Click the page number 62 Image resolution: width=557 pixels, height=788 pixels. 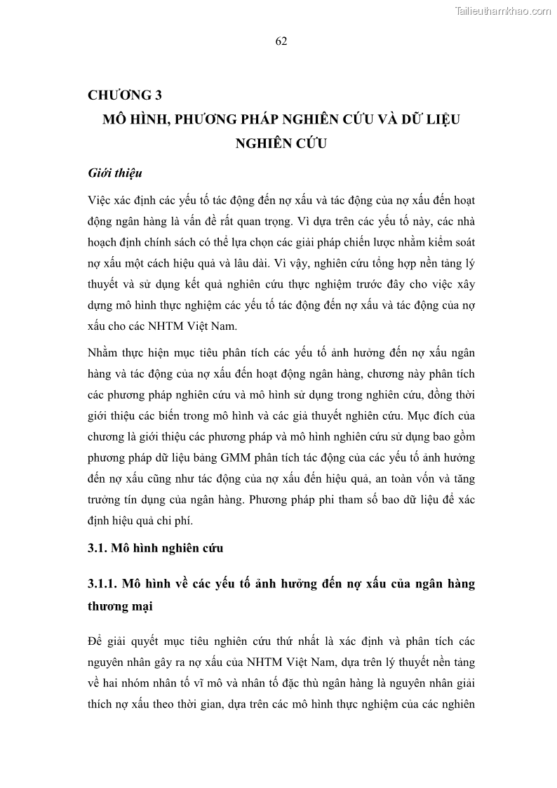[x=281, y=41]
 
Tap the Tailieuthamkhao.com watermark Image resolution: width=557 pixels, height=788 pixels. [x=504, y=11]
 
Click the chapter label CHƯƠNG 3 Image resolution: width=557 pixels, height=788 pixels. [x=126, y=96]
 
